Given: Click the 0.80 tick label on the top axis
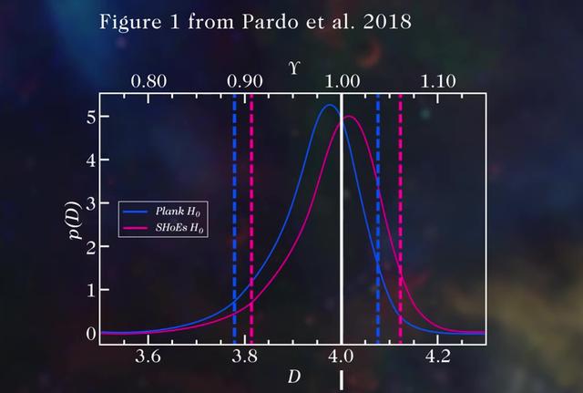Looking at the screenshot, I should tap(148, 80).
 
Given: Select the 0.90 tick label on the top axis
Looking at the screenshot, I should tap(246, 80).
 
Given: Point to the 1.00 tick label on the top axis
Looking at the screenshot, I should tap(343, 80).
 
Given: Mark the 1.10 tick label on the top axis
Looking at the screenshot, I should tap(439, 80).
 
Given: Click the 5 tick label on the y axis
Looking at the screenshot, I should tap(90, 116).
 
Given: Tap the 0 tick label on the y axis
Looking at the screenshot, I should tap(90, 333).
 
